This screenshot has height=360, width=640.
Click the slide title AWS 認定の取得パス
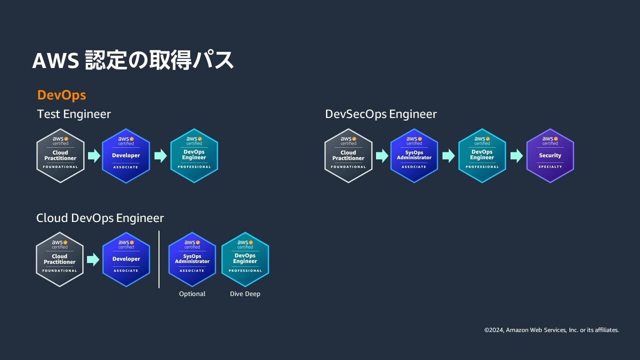133,60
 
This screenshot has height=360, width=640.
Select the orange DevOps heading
61,95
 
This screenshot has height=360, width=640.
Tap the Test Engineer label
74,114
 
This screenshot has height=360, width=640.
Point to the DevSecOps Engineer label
381,114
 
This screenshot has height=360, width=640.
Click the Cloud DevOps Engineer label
100,218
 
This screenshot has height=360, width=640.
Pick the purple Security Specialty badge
550,155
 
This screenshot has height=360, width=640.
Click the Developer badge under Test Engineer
126,155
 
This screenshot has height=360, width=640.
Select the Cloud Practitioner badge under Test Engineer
60,155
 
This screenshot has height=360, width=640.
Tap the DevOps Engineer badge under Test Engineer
194,155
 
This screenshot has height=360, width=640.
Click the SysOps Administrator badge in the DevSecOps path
414,155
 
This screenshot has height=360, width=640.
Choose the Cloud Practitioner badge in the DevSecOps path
348,155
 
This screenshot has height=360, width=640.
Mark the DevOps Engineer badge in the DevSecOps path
482,155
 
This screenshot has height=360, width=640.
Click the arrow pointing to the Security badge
516,156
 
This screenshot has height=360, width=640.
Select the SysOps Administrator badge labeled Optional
192,259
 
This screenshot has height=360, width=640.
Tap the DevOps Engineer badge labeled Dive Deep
245,259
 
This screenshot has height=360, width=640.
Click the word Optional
192,294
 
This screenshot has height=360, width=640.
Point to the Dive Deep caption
245,294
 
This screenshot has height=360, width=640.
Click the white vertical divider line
159,259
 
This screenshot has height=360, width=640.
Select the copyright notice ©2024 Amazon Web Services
551,330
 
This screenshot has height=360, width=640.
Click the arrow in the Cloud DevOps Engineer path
93,259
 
